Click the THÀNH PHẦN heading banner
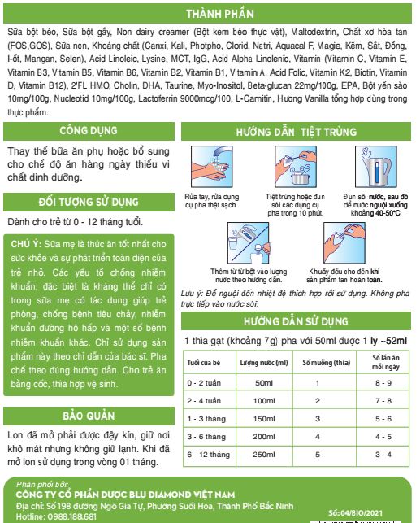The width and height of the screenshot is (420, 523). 209,14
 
